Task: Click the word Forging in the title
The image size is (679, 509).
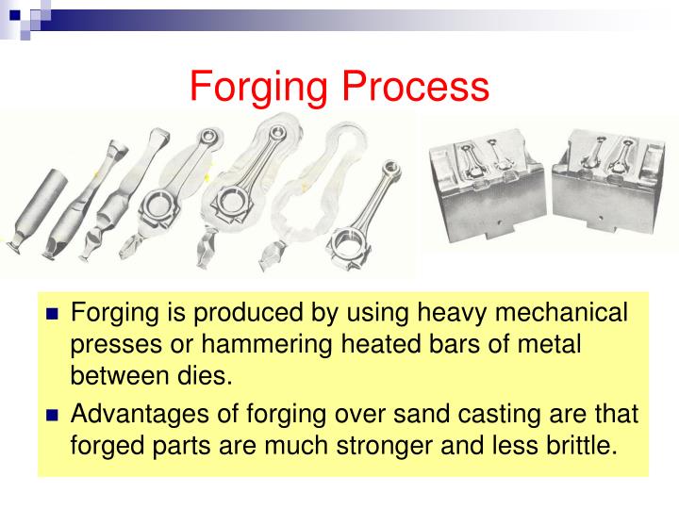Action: click(259, 87)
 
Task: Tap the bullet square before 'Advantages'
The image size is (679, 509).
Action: click(53, 416)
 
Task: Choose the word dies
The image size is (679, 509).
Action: click(200, 377)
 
